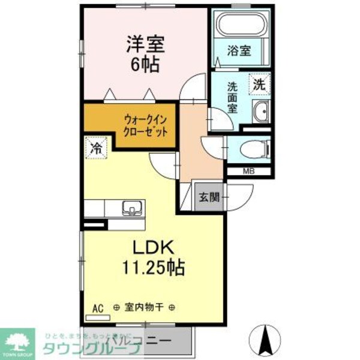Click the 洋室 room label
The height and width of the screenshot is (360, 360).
point(145,44)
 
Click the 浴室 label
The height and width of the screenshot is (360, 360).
point(239,51)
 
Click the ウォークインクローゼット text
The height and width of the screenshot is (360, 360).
point(145,124)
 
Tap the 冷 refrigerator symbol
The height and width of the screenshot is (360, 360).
point(95,148)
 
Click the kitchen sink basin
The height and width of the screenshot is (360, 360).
point(131,209)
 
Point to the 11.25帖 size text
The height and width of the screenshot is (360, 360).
point(154,266)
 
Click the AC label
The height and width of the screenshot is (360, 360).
point(98,308)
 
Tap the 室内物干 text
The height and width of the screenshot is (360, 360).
point(143,308)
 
